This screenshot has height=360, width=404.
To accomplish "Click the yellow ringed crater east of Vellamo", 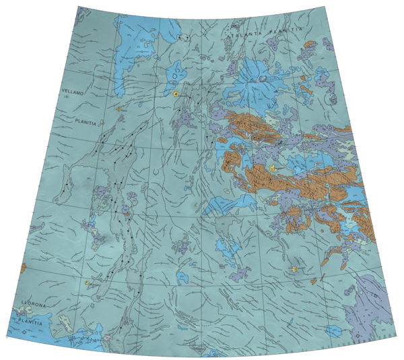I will (x=176, y=94).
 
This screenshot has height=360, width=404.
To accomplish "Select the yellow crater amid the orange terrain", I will (x=273, y=168).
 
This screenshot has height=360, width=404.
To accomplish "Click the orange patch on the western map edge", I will (x=24, y=268).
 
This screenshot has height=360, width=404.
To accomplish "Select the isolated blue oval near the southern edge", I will (x=332, y=330).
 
